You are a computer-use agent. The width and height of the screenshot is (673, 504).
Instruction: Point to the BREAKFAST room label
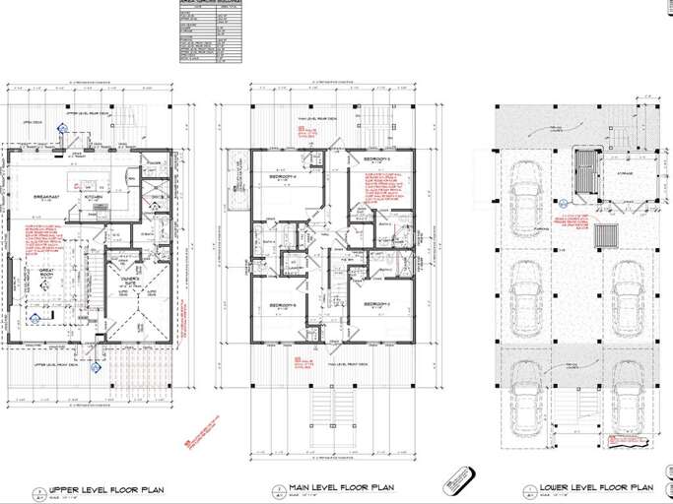(46, 197)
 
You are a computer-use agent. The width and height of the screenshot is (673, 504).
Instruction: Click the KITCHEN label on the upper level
(94, 196)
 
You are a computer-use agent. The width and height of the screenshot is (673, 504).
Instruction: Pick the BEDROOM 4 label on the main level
(284, 179)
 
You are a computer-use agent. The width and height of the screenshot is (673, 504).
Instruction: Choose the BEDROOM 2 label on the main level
(377, 304)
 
